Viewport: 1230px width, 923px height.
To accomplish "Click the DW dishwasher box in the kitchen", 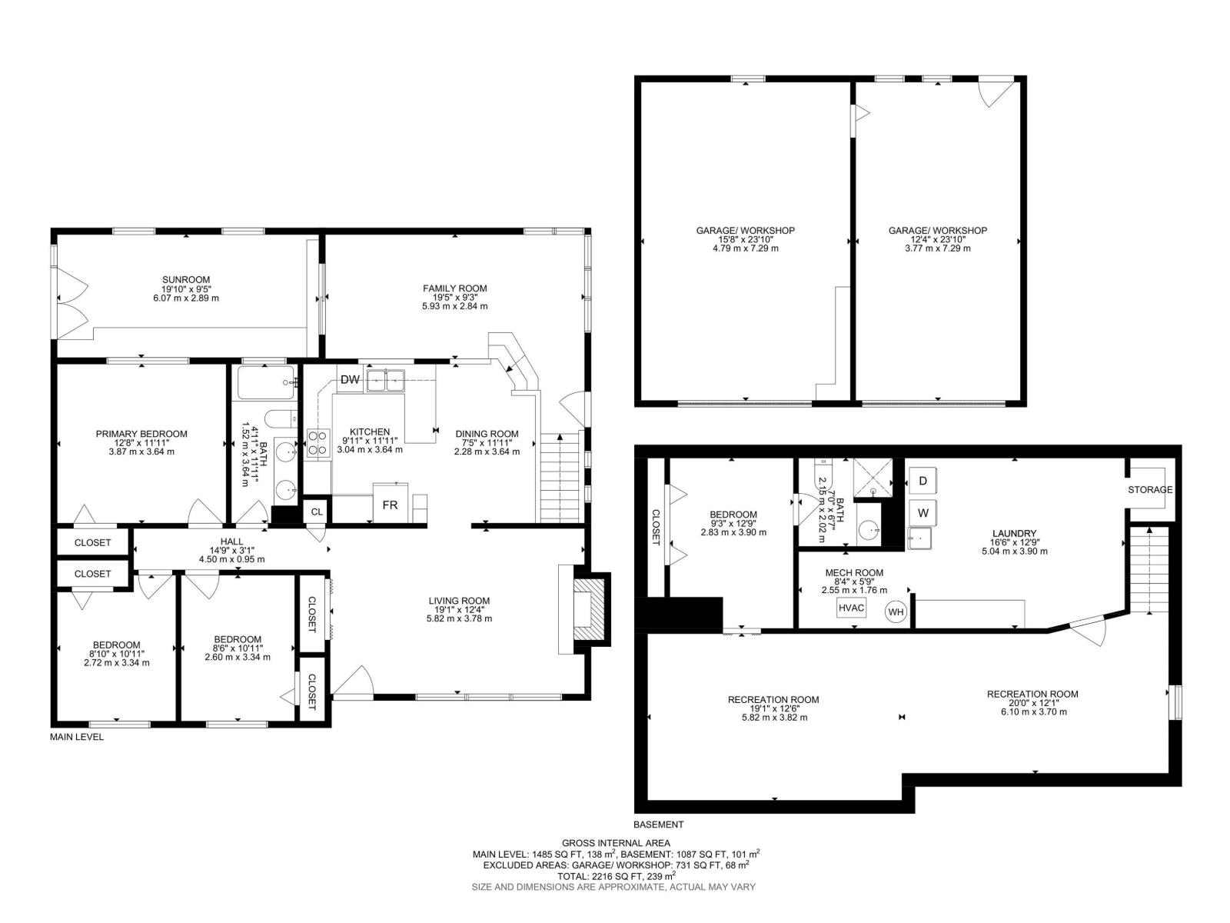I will (x=350, y=379).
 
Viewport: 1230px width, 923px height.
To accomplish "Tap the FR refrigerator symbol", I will (x=390, y=505).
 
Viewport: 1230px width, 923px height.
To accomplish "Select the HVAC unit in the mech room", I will (x=852, y=608).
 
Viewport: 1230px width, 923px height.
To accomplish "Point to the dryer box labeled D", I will (x=922, y=481).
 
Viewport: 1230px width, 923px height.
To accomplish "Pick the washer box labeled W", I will (x=922, y=511).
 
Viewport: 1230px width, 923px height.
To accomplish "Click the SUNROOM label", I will (x=186, y=280).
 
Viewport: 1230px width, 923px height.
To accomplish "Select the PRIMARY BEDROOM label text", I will (x=141, y=434).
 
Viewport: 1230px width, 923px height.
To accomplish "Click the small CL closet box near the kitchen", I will (x=317, y=511).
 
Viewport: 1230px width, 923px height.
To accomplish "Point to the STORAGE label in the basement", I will (x=1150, y=490).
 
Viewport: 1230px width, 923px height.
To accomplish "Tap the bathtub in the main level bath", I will (x=266, y=382).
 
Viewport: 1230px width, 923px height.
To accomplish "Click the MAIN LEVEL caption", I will (x=77, y=737).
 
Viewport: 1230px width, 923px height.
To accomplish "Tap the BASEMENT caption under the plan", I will (x=658, y=825).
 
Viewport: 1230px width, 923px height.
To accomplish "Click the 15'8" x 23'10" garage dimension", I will (x=745, y=239).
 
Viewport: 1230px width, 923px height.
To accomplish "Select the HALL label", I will (x=231, y=542).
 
